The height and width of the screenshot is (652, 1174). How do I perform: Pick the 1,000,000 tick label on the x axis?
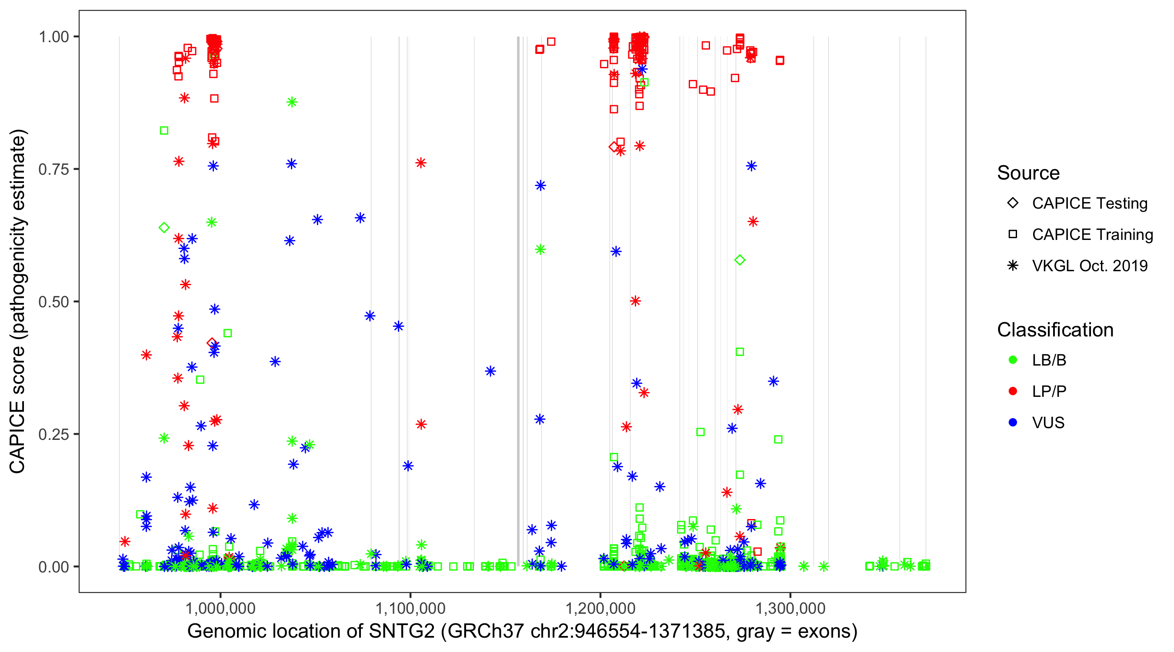(x=220, y=608)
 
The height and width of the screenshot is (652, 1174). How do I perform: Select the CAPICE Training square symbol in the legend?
(x=1013, y=235)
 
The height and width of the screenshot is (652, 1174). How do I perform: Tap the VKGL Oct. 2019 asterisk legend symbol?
(x=1013, y=266)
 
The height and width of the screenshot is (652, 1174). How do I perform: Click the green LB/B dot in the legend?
(x=1013, y=360)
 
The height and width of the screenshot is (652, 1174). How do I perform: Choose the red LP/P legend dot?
(x=1013, y=391)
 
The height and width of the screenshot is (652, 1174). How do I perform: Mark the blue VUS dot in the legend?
(x=1013, y=423)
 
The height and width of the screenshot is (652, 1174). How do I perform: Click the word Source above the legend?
(x=1028, y=173)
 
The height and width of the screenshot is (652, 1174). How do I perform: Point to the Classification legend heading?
(x=1055, y=330)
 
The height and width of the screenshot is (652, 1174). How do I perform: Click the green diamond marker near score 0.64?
(x=164, y=228)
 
